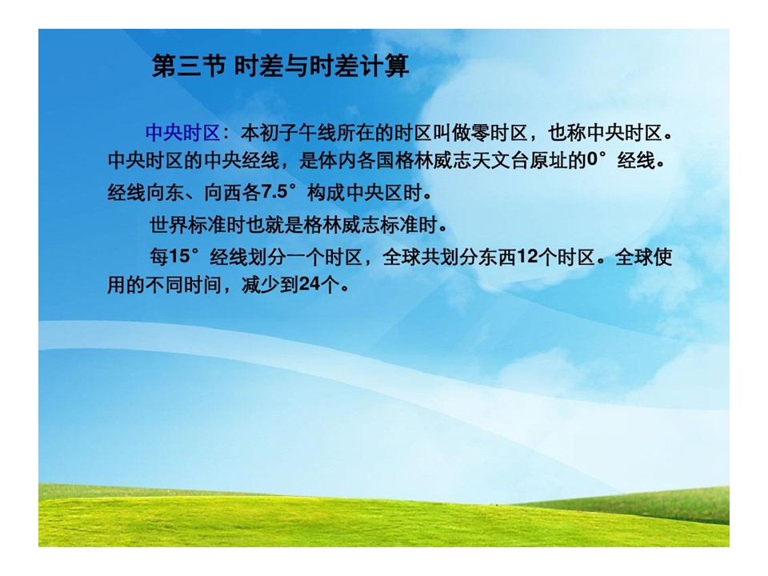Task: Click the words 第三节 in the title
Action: tap(189, 66)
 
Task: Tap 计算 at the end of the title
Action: tap(384, 66)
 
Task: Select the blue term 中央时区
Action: tap(182, 133)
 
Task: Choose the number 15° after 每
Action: tap(184, 256)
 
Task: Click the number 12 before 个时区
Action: tap(526, 256)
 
